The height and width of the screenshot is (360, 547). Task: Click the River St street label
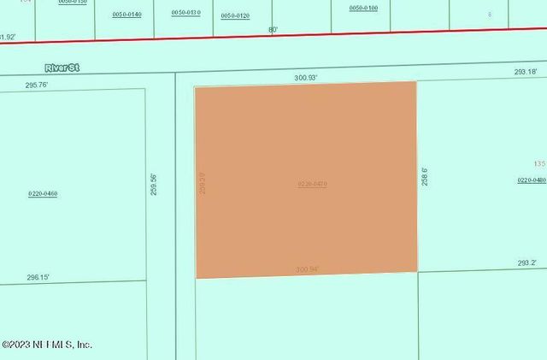[x=62, y=67]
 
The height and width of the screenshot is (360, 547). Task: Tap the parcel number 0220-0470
[x=313, y=184]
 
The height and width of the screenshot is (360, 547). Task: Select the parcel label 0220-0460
[x=43, y=194]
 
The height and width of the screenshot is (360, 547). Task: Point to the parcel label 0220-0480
[x=532, y=180]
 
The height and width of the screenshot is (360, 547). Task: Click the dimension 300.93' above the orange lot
[x=306, y=78]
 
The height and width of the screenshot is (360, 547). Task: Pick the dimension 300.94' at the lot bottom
[x=307, y=269]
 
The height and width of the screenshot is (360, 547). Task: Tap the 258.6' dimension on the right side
[x=425, y=177]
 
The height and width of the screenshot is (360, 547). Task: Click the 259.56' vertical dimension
[x=154, y=185]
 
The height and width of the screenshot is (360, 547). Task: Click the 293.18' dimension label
[x=526, y=72]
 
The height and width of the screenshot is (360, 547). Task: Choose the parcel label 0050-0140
[x=127, y=15]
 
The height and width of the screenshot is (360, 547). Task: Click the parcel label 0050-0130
[x=185, y=12]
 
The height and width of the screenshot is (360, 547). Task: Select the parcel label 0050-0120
[x=235, y=15]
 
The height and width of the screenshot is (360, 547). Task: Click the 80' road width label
[x=273, y=29]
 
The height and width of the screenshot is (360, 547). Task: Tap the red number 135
[x=538, y=163]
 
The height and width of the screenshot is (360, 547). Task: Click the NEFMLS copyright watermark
[x=46, y=345]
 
